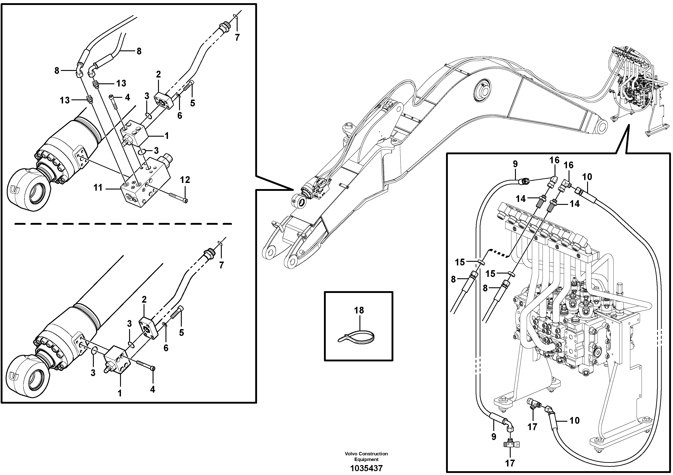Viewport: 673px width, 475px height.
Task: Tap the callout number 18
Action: click(x=359, y=310)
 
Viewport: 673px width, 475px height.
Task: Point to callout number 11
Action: click(x=98, y=187)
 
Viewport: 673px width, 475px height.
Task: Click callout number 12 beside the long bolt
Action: click(x=185, y=180)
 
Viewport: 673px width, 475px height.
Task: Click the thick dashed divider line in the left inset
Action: click(x=123, y=224)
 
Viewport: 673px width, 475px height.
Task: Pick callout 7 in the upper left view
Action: click(x=237, y=37)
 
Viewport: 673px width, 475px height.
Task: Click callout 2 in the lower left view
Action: click(x=144, y=300)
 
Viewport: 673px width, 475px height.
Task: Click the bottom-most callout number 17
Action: click(x=510, y=463)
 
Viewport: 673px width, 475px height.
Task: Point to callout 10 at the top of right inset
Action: click(x=587, y=177)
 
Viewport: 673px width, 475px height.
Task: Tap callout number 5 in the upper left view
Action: click(x=192, y=103)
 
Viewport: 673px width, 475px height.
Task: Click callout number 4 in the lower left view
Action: click(x=152, y=389)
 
